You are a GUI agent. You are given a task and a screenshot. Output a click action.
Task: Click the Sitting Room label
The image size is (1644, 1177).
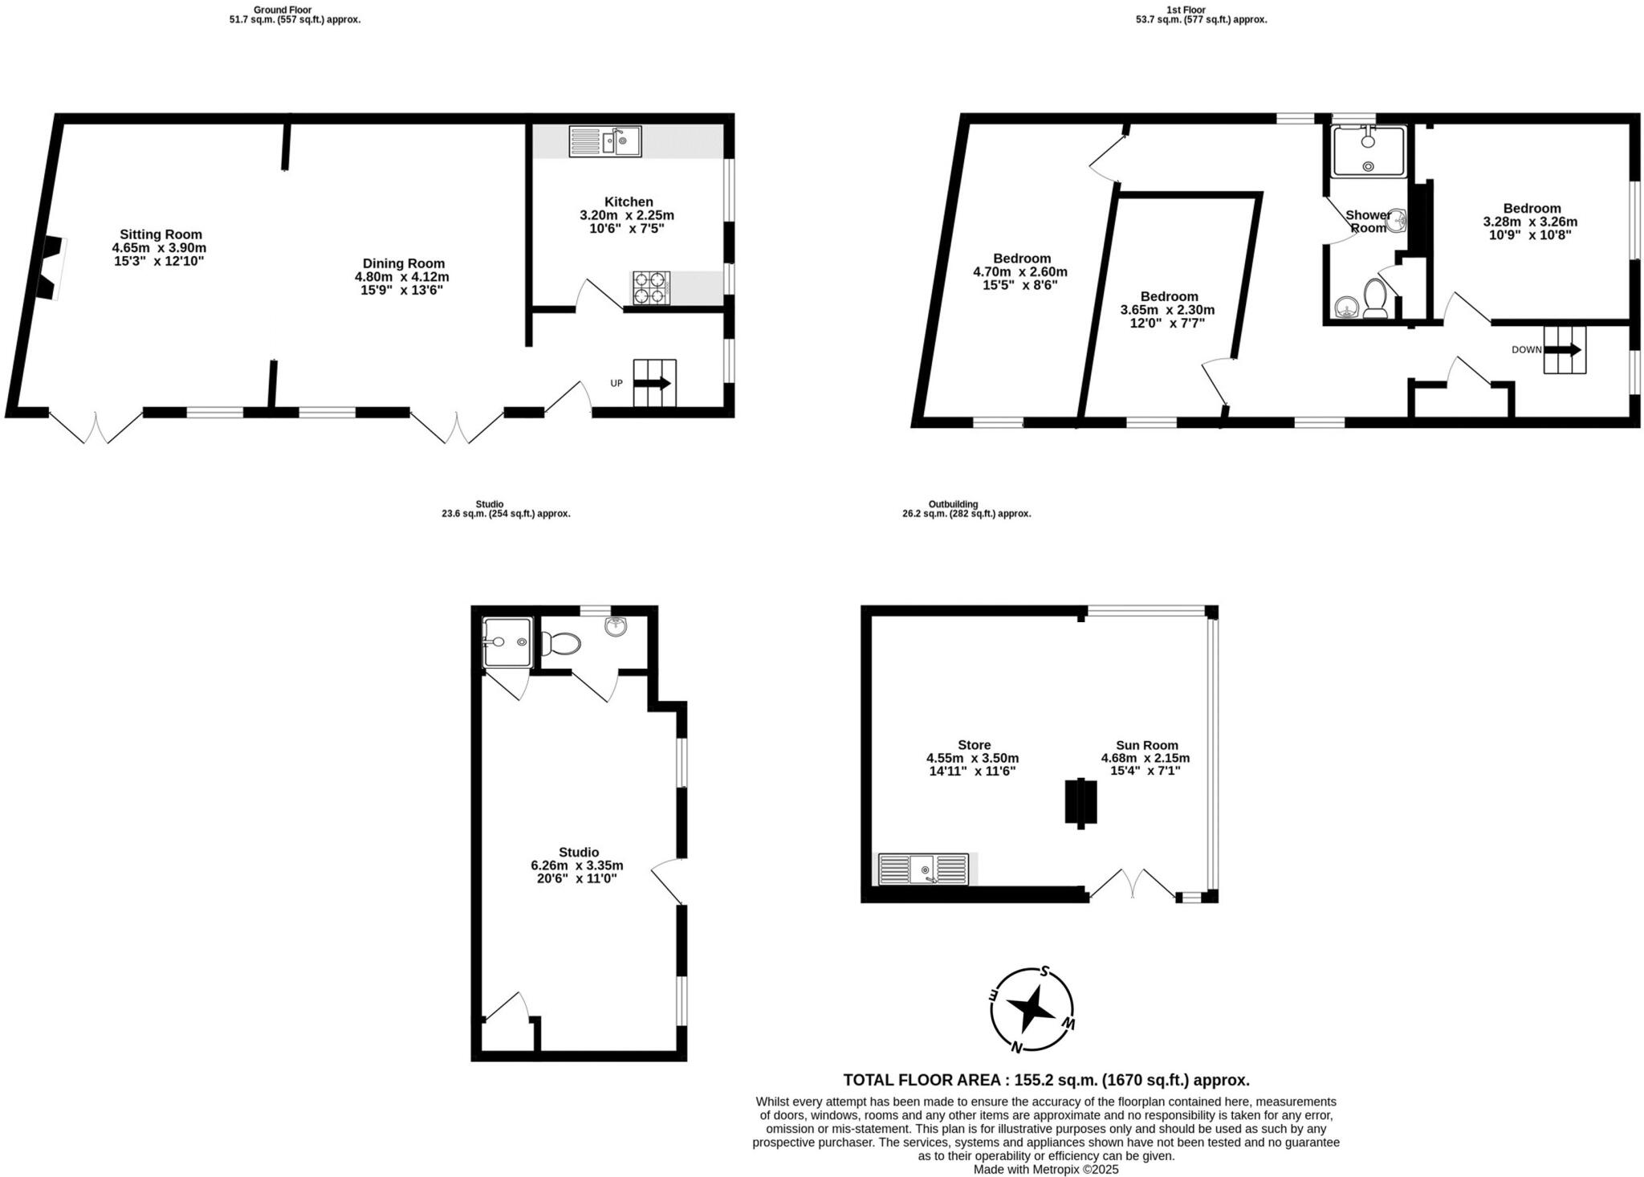tap(161, 234)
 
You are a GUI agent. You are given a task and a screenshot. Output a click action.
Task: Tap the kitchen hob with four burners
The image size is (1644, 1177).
tap(651, 288)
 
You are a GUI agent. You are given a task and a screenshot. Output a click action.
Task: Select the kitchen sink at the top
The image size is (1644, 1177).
tap(605, 141)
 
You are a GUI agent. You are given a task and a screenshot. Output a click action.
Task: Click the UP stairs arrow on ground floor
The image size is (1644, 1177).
tap(652, 384)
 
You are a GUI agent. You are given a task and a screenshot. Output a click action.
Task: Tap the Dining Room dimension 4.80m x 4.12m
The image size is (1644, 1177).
tap(401, 277)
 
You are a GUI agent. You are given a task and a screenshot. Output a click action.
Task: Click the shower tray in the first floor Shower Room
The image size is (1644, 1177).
tap(1369, 152)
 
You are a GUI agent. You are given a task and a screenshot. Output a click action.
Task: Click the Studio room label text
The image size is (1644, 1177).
tap(579, 852)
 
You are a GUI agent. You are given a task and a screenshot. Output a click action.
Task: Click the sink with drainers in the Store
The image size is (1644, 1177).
tap(923, 870)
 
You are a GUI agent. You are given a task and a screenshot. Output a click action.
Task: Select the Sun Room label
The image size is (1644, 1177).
tap(1146, 745)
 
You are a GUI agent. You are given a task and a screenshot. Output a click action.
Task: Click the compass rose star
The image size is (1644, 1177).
tap(1031, 1009)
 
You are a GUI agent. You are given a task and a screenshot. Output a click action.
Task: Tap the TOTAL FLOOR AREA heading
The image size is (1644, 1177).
tap(1046, 1080)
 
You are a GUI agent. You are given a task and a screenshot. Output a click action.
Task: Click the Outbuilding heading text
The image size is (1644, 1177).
tap(953, 504)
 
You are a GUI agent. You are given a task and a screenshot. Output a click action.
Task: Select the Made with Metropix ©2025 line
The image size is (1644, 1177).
tap(1046, 1169)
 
